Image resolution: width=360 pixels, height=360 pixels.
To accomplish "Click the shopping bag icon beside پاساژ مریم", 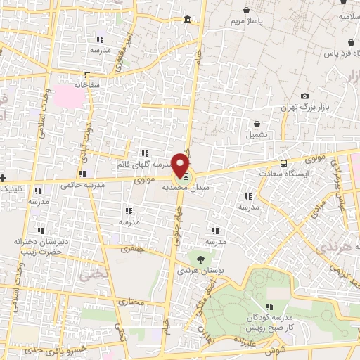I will click(x=246, y=11).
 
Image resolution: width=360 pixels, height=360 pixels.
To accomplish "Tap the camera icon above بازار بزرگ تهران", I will click(x=304, y=96).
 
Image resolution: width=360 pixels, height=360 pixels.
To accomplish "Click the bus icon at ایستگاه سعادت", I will click(x=283, y=161).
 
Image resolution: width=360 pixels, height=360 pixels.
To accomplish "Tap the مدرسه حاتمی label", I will click(x=83, y=185).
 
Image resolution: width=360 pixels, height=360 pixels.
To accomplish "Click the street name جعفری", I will click(x=131, y=248).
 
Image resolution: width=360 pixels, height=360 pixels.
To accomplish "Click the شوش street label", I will click(x=277, y=349).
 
